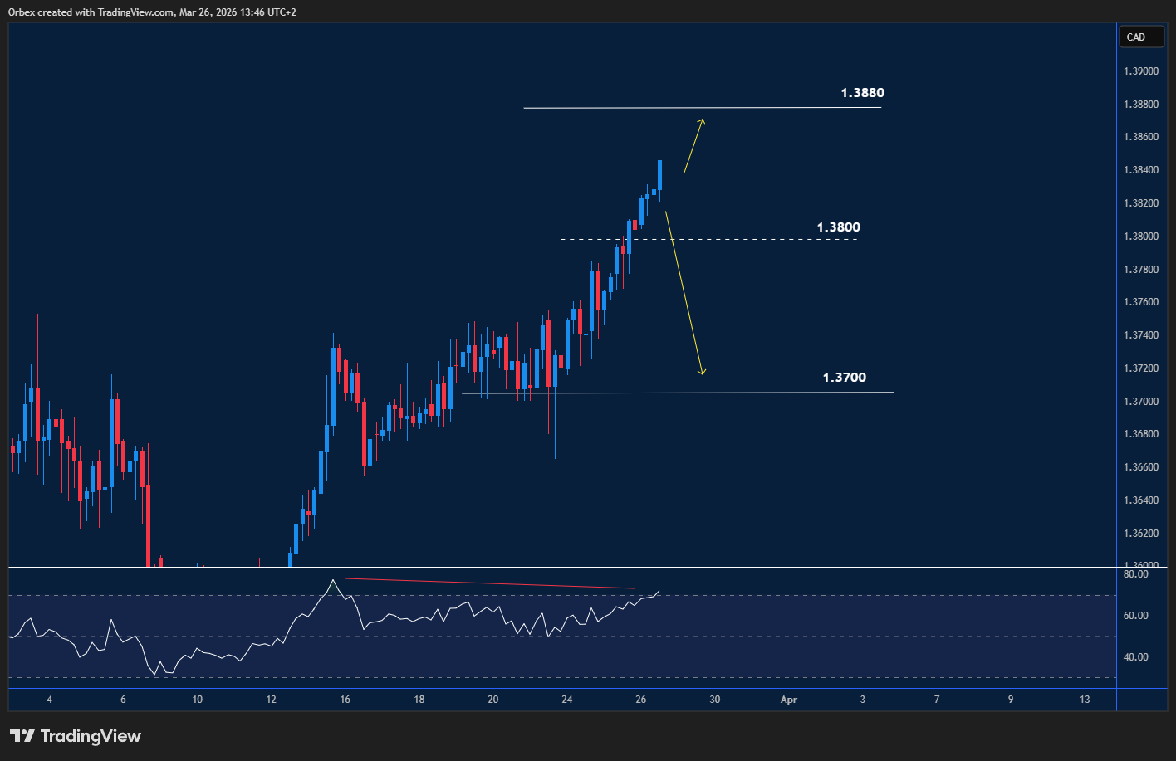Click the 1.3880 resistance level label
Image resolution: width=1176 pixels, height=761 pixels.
862,93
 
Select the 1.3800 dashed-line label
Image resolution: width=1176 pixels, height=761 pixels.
838,227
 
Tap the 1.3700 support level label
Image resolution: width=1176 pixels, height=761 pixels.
844,378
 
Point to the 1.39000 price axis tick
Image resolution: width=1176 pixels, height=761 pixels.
1141,71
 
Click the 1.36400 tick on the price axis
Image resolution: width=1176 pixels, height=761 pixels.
1141,500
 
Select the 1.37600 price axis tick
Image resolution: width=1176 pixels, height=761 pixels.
1141,302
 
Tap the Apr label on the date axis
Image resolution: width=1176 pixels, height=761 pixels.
788,700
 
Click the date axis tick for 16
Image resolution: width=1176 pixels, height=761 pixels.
345,700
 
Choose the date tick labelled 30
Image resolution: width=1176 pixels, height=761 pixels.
714,700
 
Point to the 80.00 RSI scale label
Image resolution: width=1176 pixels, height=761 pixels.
1135,574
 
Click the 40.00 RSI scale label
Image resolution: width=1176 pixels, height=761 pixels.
1135,657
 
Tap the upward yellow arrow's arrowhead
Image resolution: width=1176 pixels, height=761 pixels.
703,122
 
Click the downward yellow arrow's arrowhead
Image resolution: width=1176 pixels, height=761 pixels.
702,373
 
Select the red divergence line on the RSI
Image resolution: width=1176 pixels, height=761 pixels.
490,583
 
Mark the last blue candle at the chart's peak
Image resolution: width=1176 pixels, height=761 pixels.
659,176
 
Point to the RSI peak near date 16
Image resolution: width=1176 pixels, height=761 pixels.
333,580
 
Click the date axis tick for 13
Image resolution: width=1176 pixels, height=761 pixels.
1085,700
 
